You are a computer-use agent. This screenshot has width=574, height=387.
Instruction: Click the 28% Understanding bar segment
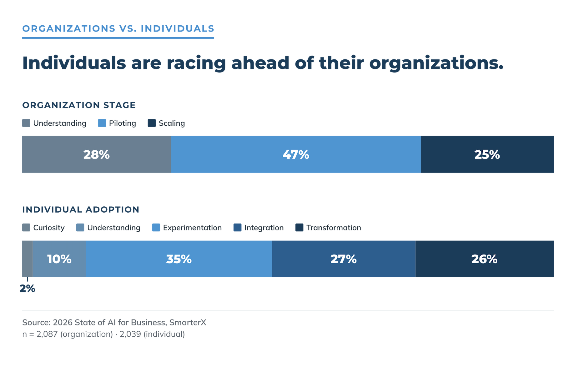pyautogui.click(x=97, y=154)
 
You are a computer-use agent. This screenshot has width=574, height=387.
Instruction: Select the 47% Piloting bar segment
pyautogui.click(x=296, y=154)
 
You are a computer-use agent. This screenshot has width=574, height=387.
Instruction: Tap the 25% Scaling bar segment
pyautogui.click(x=487, y=154)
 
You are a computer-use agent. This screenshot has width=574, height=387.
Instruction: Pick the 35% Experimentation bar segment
pyautogui.click(x=179, y=259)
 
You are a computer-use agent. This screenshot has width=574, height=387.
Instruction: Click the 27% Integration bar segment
pyautogui.click(x=344, y=259)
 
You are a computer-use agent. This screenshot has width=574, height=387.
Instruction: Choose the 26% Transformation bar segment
pyautogui.click(x=485, y=259)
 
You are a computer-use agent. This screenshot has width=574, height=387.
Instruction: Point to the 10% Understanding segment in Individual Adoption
pyautogui.click(x=59, y=259)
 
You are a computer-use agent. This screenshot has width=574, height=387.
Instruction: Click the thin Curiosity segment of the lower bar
pyautogui.click(x=28, y=259)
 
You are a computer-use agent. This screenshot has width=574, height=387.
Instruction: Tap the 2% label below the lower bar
pyautogui.click(x=28, y=289)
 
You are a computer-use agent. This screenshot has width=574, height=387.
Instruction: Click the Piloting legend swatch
pyautogui.click(x=102, y=123)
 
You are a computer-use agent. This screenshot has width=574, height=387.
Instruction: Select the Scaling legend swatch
pyautogui.click(x=152, y=123)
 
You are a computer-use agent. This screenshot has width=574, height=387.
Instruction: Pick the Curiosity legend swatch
pyautogui.click(x=26, y=228)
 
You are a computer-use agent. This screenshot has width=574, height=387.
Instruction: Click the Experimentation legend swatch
pyautogui.click(x=156, y=228)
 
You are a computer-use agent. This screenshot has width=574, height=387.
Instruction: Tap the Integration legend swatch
pyautogui.click(x=238, y=228)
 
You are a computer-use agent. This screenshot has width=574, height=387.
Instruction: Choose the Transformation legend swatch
pyautogui.click(x=300, y=228)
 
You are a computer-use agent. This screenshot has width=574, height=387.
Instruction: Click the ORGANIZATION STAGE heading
pyautogui.click(x=79, y=105)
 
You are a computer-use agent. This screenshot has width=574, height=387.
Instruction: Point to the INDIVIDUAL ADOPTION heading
pyautogui.click(x=81, y=209)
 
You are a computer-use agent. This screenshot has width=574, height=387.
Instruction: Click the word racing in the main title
pyautogui.click(x=196, y=63)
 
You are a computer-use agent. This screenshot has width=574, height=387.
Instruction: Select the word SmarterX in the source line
pyautogui.click(x=188, y=322)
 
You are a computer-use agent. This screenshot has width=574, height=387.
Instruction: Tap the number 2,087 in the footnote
pyautogui.click(x=47, y=334)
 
